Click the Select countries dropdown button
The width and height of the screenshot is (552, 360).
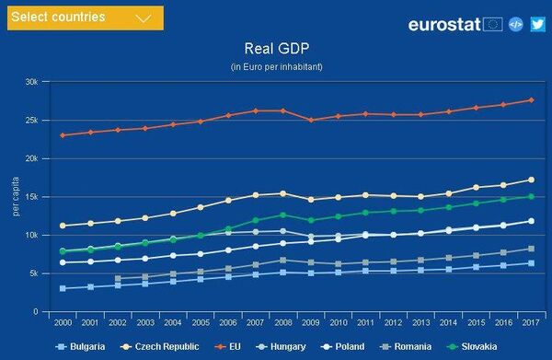tap(84, 17)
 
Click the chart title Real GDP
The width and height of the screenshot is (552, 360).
tap(275, 48)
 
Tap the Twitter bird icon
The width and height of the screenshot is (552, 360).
tap(538, 25)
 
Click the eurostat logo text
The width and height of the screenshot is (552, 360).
tap(444, 25)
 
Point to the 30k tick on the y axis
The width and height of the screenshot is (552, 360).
tap(31, 82)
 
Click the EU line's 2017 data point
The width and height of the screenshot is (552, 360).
tap(531, 100)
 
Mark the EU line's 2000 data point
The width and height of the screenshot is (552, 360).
tap(63, 135)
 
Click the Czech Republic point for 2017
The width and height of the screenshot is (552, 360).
tap(531, 180)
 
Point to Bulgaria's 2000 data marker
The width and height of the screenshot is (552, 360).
tap(63, 288)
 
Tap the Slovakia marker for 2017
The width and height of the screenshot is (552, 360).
tap(531, 196)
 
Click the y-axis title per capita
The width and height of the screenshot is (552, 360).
tap(15, 197)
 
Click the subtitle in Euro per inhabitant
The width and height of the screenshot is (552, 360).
tap(275, 67)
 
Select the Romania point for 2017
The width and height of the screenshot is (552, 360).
tap(531, 249)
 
